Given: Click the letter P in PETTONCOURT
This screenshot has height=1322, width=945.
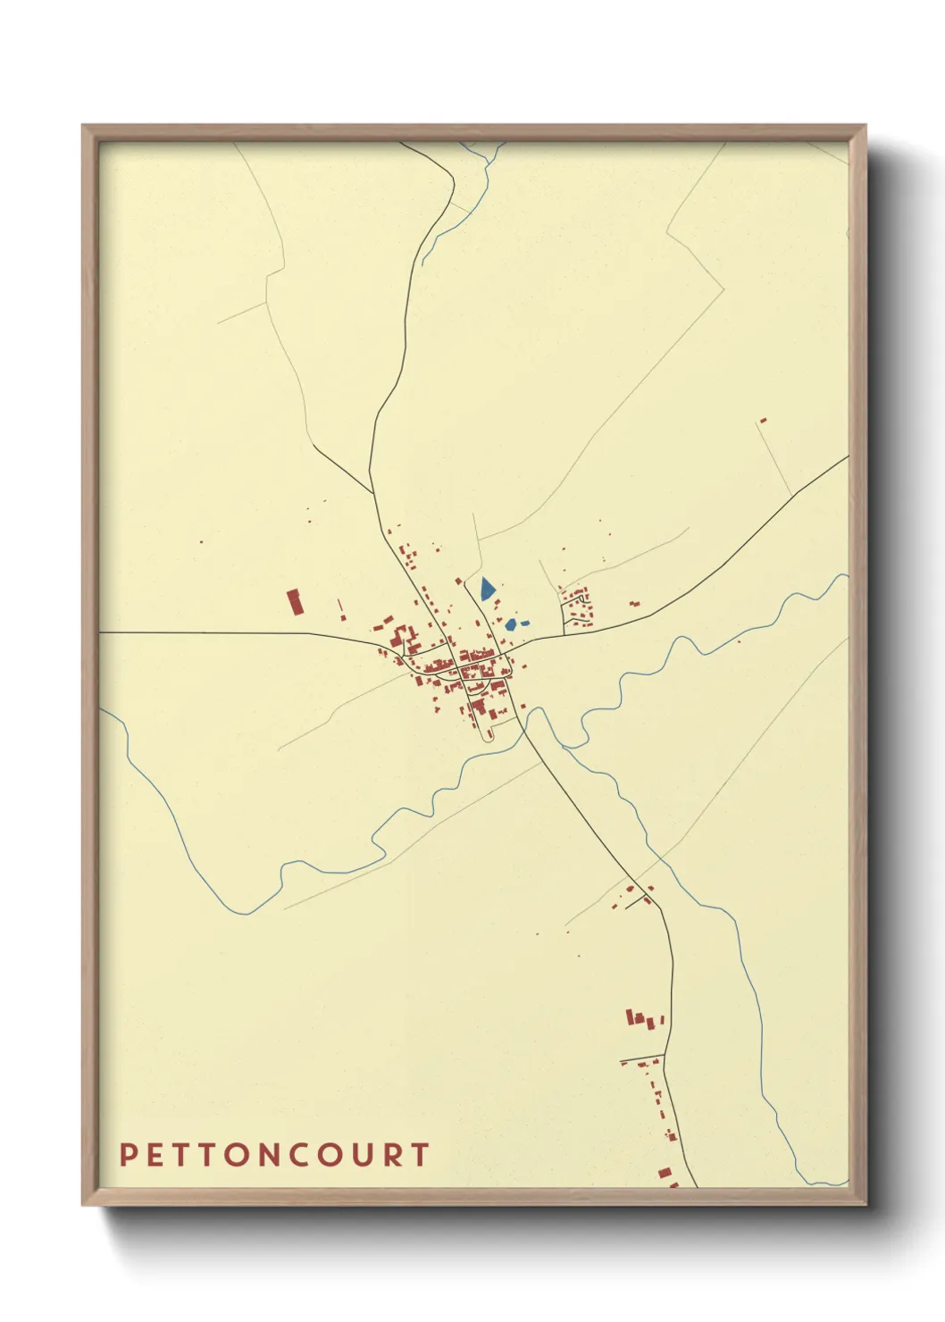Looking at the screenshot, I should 128,1155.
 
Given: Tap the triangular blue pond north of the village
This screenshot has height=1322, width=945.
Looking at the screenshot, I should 486,589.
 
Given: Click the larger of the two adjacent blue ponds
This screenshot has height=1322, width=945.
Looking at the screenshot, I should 511,624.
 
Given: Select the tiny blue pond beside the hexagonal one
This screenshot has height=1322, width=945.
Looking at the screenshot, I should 525,623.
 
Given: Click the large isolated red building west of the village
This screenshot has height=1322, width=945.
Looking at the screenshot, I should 295,601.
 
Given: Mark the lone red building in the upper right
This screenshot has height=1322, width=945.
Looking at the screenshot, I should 763,420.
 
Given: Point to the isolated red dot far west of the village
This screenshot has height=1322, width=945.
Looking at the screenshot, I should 201,541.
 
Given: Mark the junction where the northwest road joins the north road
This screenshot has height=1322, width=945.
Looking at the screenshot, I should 372,493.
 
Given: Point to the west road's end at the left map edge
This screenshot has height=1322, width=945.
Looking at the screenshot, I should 101,632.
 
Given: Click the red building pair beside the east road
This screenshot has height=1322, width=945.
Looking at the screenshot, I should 634,605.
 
